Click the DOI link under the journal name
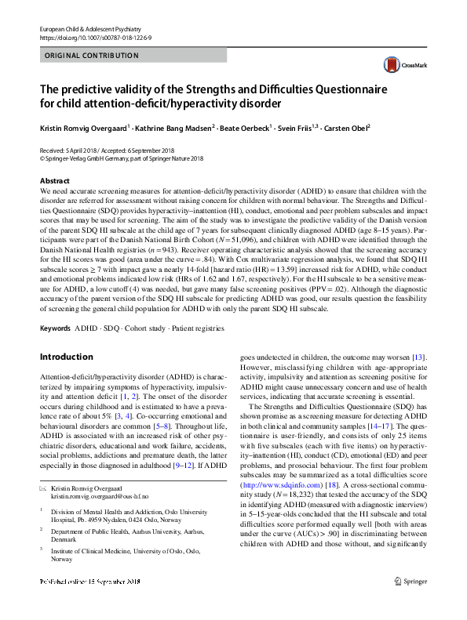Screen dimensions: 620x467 point(89,37)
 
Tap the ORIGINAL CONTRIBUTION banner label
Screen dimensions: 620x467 point(93,56)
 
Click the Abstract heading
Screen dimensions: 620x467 point(54,180)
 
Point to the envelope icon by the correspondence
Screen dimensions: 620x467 point(43,488)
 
